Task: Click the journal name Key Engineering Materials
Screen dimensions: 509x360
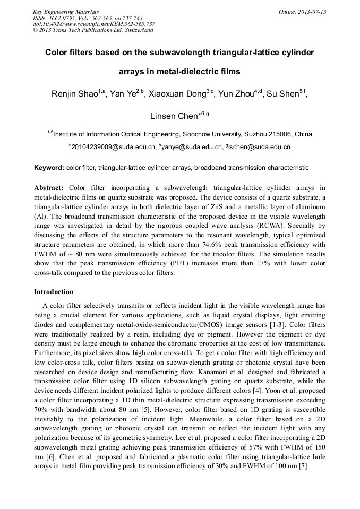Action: tap(66, 12)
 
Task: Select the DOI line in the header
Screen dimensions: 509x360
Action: tap(94, 24)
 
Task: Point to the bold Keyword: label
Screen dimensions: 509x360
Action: tap(49, 168)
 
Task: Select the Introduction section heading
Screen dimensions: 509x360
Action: tap(54, 292)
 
